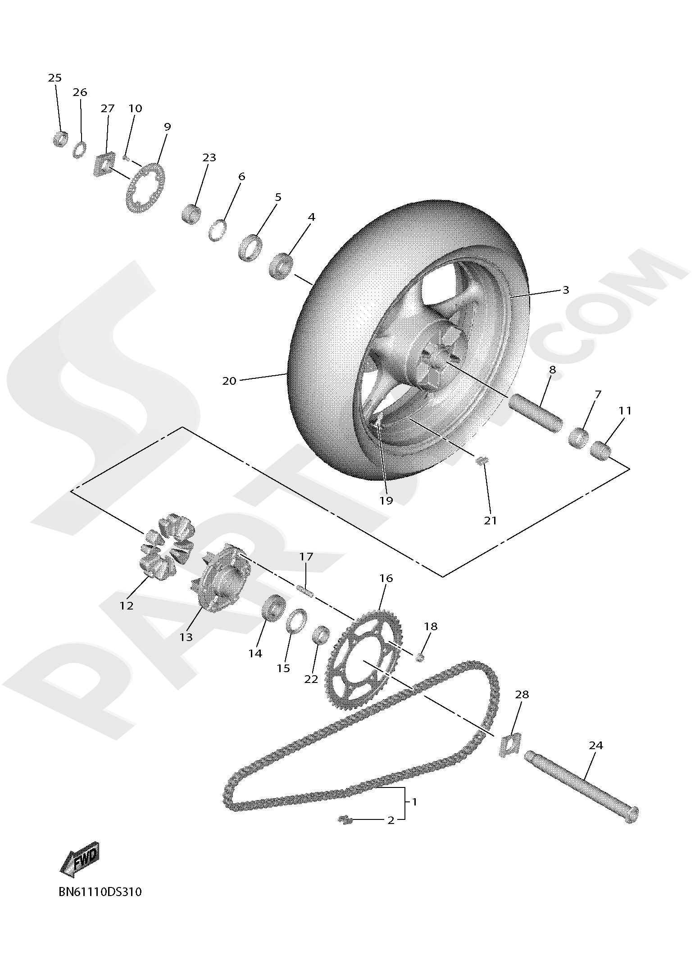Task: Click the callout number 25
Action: coord(55,77)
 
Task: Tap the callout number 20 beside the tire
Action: coord(229,381)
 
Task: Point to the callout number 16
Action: coord(386,578)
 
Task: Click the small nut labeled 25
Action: coord(60,138)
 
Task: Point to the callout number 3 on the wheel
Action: coord(566,290)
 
